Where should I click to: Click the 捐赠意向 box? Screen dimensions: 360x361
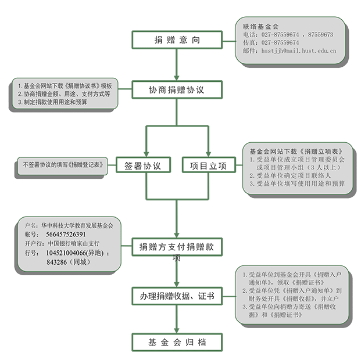tap(177, 40)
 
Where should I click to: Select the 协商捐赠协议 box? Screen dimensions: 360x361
tap(177, 90)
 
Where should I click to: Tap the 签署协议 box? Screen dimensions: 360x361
tap(143, 165)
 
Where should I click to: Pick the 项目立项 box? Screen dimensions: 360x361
tap(208, 165)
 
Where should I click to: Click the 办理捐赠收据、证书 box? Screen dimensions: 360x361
tap(177, 296)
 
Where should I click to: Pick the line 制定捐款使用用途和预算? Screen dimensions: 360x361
tap(52, 102)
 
